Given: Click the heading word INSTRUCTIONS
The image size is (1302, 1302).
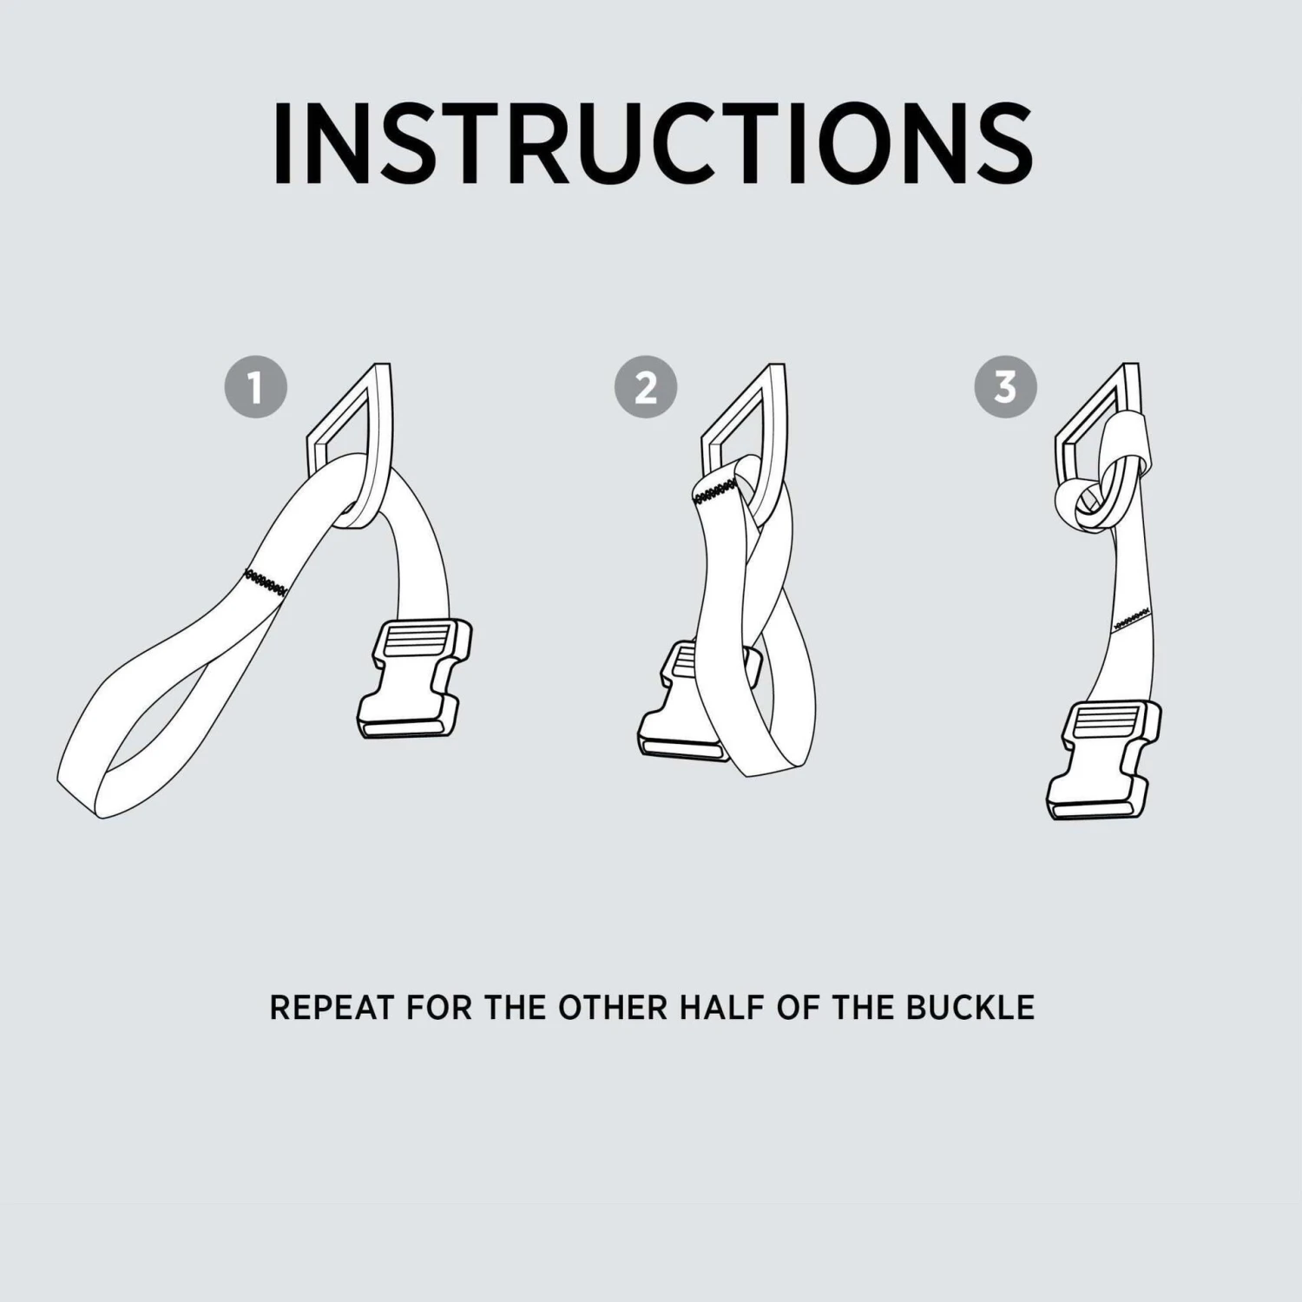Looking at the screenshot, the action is (653, 143).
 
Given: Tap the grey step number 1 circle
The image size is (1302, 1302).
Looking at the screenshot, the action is (256, 387).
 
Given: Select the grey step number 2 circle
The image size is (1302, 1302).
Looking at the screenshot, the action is (646, 387).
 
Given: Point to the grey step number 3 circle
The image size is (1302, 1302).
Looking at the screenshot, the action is (1005, 387).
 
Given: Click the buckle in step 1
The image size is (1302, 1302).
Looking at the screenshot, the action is (415, 680).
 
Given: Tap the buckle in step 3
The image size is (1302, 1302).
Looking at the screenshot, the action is (1104, 759).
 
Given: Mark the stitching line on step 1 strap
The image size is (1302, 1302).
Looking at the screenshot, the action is (266, 582).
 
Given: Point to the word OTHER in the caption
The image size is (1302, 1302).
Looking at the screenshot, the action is (613, 1008).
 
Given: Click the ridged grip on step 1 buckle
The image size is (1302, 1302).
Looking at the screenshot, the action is (416, 642).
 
